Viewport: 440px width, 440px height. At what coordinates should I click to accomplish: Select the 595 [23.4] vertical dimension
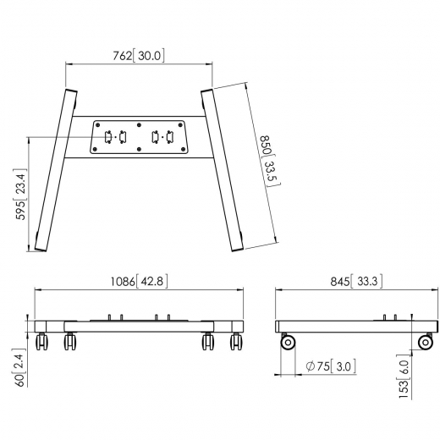click(x=21, y=206)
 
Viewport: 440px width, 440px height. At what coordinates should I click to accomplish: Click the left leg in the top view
click(x=53, y=168)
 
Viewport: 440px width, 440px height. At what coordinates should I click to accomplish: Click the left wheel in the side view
click(x=289, y=343)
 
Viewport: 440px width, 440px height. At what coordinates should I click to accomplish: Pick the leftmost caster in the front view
click(x=42, y=343)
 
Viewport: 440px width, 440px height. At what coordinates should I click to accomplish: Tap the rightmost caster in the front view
click(x=236, y=343)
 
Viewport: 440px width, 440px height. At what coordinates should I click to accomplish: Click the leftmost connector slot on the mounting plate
click(x=107, y=137)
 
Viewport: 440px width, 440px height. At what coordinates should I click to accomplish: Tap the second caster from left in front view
click(x=69, y=343)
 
